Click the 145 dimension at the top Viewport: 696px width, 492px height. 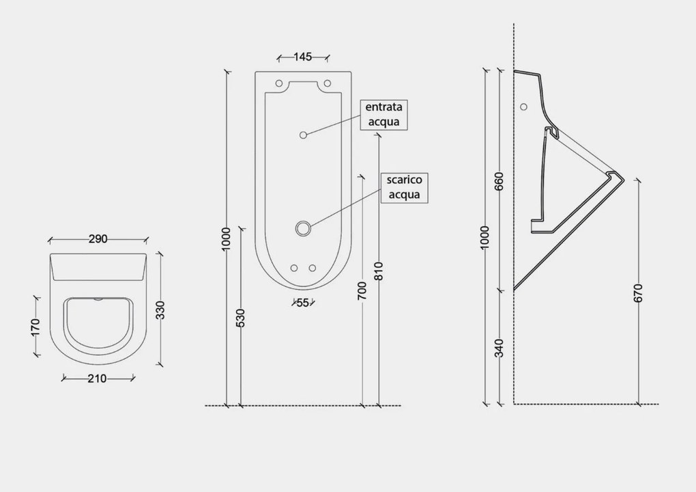[x=303, y=57]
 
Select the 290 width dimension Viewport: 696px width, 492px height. [x=98, y=239]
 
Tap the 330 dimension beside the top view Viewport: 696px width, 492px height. [x=160, y=310]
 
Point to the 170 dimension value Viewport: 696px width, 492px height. [x=36, y=327]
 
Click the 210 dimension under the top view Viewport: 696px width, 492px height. [x=97, y=379]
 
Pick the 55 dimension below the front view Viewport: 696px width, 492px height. [x=303, y=303]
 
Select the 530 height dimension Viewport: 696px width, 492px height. [x=240, y=318]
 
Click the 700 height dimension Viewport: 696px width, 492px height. [x=362, y=290]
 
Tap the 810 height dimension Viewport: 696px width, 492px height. [x=378, y=271]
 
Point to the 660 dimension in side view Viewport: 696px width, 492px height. [x=499, y=181]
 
